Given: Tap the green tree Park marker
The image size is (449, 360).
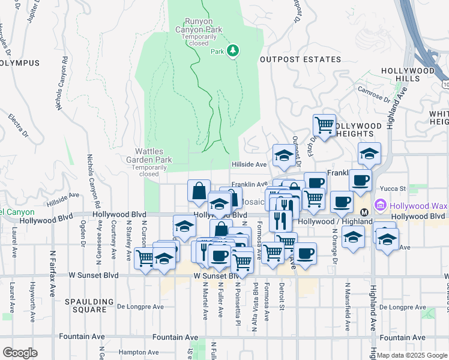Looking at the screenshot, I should tap(234, 52).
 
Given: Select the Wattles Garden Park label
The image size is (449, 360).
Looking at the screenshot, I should tap(149, 155).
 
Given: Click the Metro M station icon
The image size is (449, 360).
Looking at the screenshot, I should tap(364, 213).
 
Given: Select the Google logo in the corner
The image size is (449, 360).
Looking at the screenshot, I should tap(20, 352).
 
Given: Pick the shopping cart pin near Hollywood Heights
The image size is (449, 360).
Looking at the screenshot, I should tap(324, 125).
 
